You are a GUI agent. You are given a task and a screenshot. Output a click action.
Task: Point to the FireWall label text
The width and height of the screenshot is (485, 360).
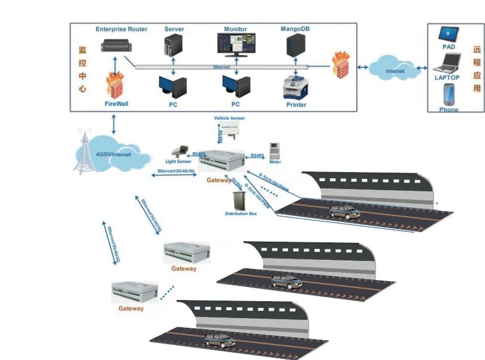[x=117, y=105]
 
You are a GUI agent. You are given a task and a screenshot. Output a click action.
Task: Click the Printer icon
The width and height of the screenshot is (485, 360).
[x=295, y=87]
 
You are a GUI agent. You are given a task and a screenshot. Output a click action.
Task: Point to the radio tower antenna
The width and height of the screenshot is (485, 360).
[x=84, y=153]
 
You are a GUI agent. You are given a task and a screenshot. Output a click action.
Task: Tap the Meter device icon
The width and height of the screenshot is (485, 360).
[x=275, y=151]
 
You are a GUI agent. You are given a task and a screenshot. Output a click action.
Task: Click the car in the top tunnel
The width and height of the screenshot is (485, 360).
[x=345, y=212]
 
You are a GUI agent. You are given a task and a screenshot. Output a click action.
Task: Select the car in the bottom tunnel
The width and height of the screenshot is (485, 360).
[x=219, y=340]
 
